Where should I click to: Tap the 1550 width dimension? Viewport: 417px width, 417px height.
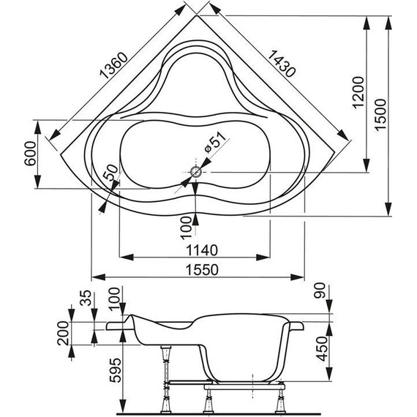coord(195,269)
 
